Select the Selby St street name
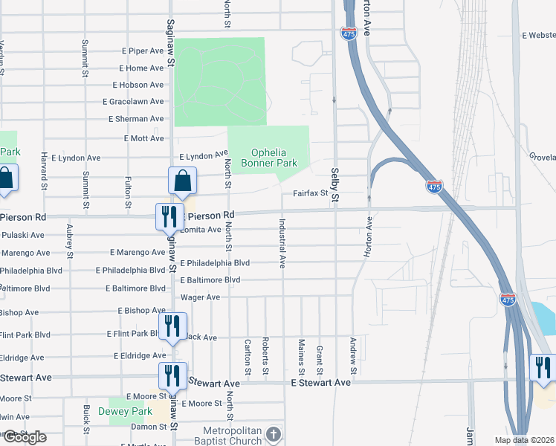coord(334,185)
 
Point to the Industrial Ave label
coord(282,243)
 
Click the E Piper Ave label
coord(142,51)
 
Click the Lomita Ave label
coord(201,230)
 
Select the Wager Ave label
coord(201,297)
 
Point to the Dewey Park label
coord(131,411)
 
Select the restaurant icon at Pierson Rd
coord(168,216)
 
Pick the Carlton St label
coord(248,356)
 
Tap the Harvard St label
coord(45,169)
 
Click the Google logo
coord(24,437)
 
